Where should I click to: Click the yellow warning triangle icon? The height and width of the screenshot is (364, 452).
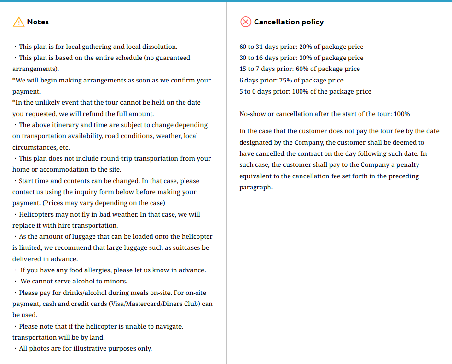18,22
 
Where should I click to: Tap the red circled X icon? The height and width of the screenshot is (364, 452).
245,22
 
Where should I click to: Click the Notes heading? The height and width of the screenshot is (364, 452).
38,22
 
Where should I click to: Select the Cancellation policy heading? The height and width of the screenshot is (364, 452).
289,22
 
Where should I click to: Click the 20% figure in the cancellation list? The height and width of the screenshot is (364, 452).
305,47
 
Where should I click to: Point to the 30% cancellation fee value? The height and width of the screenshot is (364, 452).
305,58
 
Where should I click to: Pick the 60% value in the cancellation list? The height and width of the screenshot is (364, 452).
301,69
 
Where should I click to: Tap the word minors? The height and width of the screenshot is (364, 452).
116,281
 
